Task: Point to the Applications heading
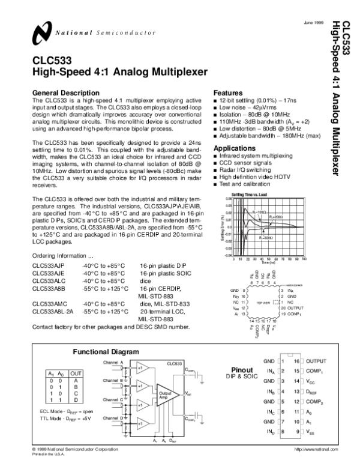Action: [235, 148]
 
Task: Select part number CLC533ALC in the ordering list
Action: [48, 280]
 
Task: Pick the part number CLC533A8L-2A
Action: [52, 312]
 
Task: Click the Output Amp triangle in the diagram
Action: [165, 394]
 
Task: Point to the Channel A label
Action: [113, 363]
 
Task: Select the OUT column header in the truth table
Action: [76, 374]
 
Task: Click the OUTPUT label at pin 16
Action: [316, 362]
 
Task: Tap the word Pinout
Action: [245, 369]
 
